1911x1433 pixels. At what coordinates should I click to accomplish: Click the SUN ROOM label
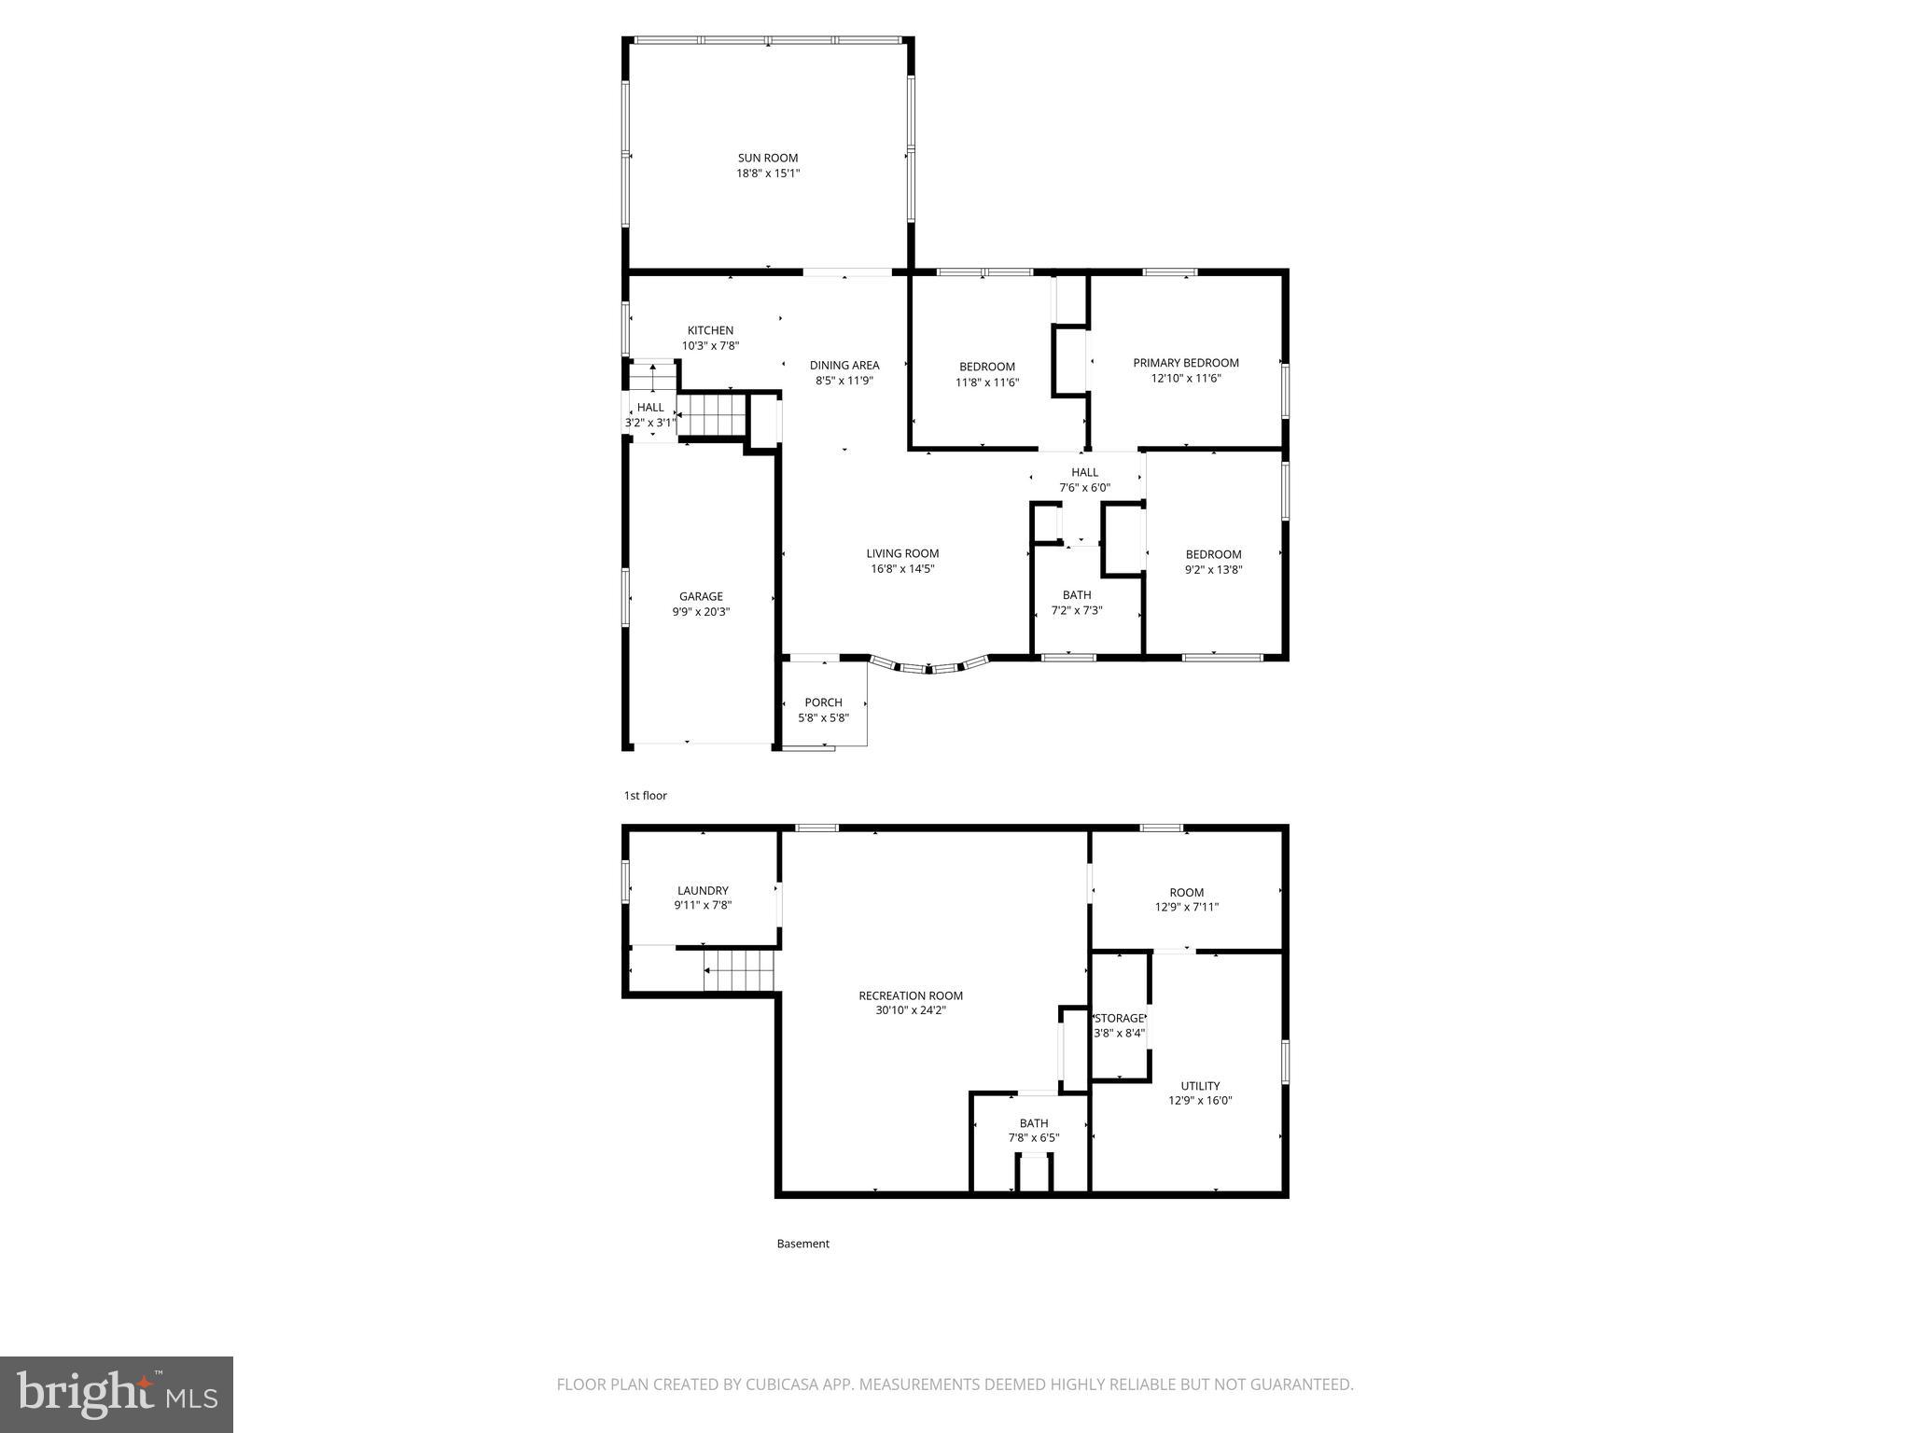click(x=768, y=159)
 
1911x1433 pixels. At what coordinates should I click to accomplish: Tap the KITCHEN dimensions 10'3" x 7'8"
click(x=710, y=345)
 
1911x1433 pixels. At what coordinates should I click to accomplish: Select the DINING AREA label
click(x=844, y=365)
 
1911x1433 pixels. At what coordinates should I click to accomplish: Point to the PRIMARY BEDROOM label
click(x=1185, y=363)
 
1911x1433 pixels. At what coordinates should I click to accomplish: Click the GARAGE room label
click(x=701, y=596)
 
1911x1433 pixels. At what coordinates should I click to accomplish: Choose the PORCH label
click(x=823, y=703)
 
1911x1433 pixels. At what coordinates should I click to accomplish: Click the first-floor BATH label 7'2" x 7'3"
click(x=1076, y=595)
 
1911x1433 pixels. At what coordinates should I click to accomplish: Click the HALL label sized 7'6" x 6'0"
click(x=1084, y=472)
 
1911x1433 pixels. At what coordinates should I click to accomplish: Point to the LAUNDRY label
click(x=703, y=891)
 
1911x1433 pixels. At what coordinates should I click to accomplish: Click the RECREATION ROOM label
click(x=910, y=995)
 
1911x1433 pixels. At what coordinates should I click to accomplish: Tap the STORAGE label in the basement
click(x=1119, y=1018)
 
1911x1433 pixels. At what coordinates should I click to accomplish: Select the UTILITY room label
click(x=1200, y=1086)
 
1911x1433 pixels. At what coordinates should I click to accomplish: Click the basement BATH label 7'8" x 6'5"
click(x=1033, y=1123)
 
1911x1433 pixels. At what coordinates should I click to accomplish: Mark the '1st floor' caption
click(x=646, y=796)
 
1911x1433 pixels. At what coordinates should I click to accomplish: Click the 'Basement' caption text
click(x=802, y=1244)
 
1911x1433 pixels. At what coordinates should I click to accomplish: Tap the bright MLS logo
click(x=117, y=1395)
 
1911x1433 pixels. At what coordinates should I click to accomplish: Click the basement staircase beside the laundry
click(x=740, y=971)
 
